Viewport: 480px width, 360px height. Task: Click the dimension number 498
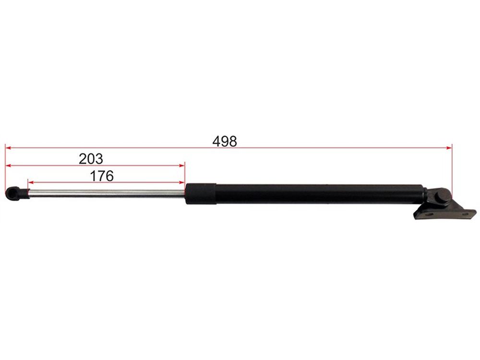coord(224,142)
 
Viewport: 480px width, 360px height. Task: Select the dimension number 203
coord(91,159)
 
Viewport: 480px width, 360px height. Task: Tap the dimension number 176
coord(102,176)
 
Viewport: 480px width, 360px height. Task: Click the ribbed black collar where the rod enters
coord(201,194)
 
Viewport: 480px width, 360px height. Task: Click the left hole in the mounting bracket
coord(429,215)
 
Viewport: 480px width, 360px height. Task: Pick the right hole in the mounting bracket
coord(465,214)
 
